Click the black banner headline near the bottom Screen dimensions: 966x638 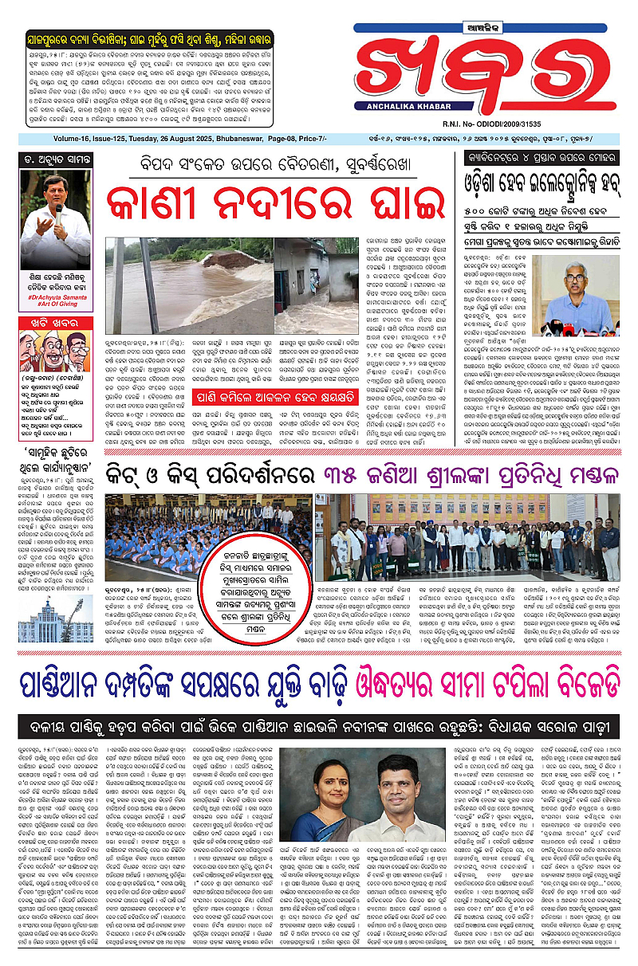pyautogui.click(x=318, y=725)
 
